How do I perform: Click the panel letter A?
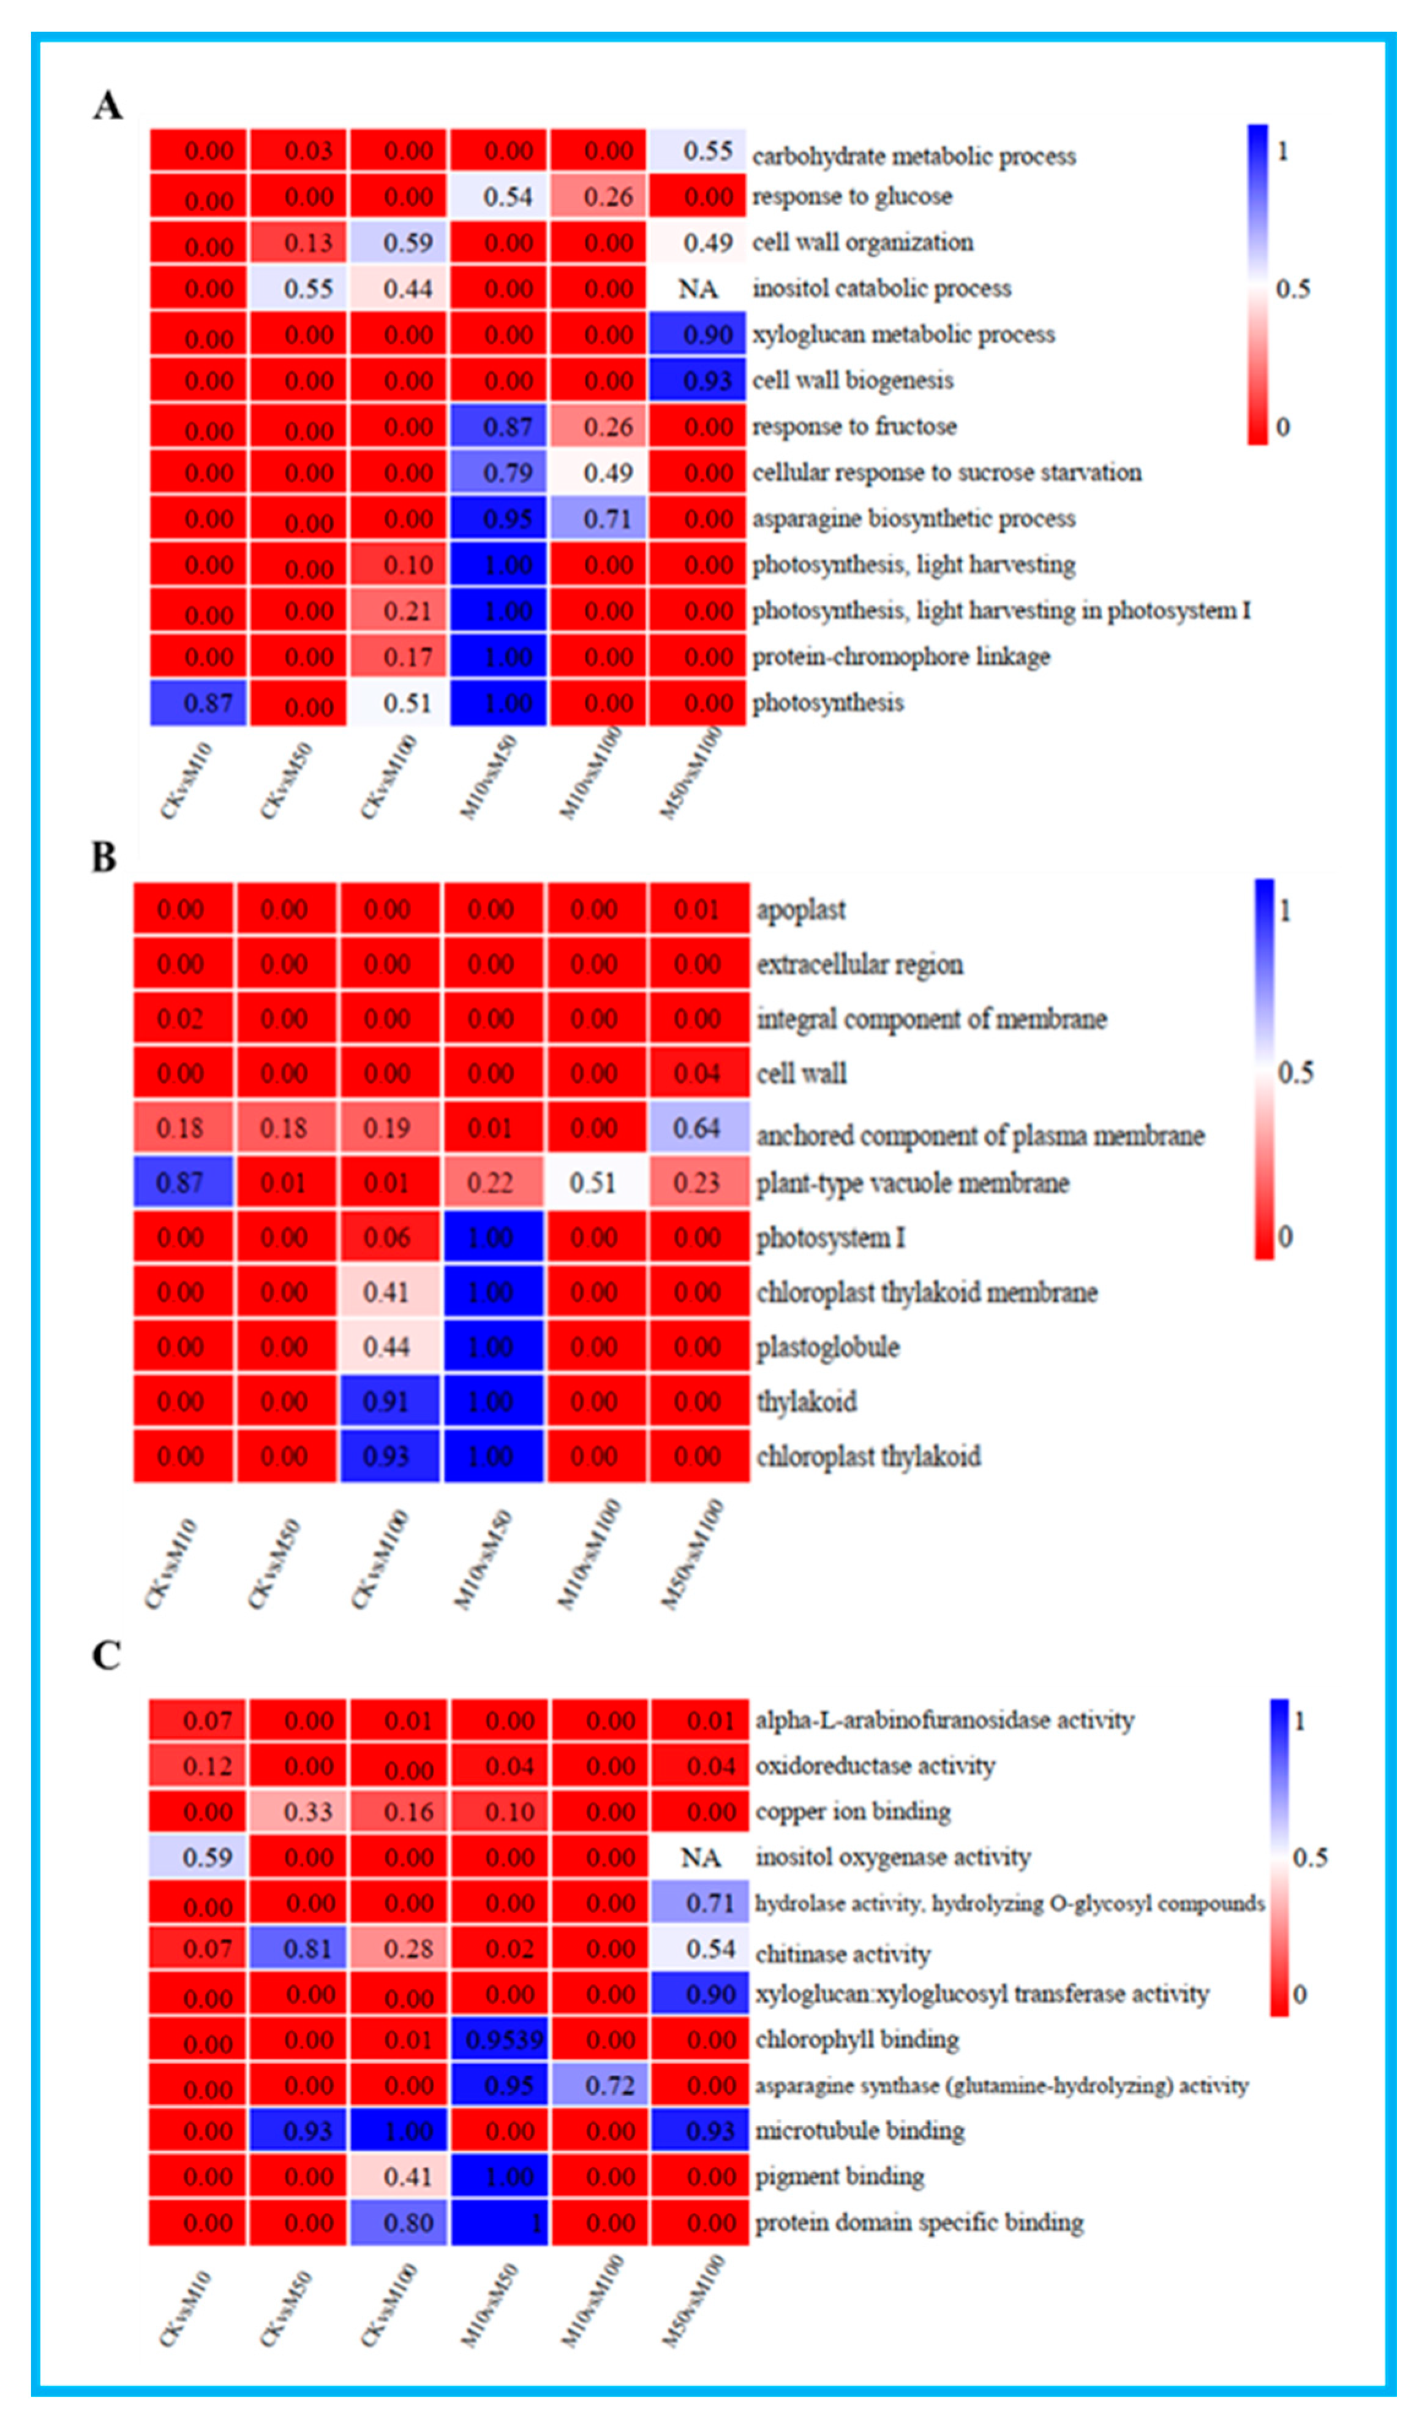[x=108, y=105]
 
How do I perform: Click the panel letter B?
[x=104, y=856]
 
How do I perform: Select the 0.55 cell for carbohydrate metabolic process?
[x=699, y=151]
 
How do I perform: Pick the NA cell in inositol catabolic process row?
[x=698, y=289]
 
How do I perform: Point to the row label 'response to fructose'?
[x=854, y=426]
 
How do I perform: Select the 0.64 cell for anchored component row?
[x=699, y=1128]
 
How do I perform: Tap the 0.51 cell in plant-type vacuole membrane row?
[x=594, y=1182]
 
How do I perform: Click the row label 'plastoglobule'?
[x=828, y=1347]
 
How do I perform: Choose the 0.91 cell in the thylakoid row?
[x=388, y=1401]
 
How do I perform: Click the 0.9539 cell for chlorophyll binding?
[x=500, y=2039]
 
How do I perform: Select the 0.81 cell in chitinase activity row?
[x=299, y=1948]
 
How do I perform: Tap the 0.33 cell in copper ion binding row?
[x=299, y=1811]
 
